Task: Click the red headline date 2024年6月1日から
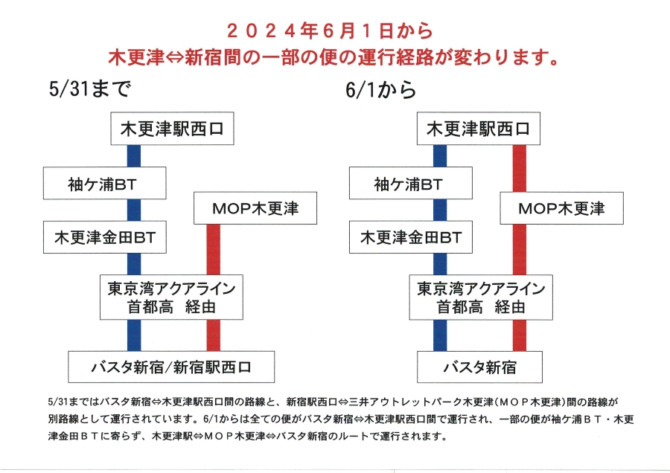[330, 30]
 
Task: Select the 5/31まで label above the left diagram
[90, 89]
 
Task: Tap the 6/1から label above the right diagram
[380, 90]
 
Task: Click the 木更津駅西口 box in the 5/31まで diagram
[172, 129]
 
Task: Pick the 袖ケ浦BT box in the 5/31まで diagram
[105, 183]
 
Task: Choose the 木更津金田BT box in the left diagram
[105, 237]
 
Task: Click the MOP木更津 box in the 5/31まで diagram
[255, 208]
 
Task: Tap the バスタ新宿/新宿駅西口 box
[171, 367]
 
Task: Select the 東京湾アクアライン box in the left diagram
[171, 297]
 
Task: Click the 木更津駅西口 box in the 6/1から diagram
[479, 129]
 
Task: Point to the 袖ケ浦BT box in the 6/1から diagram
[411, 183]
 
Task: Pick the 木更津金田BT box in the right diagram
[411, 237]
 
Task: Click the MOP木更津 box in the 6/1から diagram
[561, 208]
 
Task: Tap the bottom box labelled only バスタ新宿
[479, 367]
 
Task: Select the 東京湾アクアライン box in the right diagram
[481, 297]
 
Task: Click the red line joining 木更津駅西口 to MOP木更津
[519, 168]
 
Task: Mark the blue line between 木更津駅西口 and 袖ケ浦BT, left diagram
[134, 156]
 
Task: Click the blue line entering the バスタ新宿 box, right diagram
[440, 335]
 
